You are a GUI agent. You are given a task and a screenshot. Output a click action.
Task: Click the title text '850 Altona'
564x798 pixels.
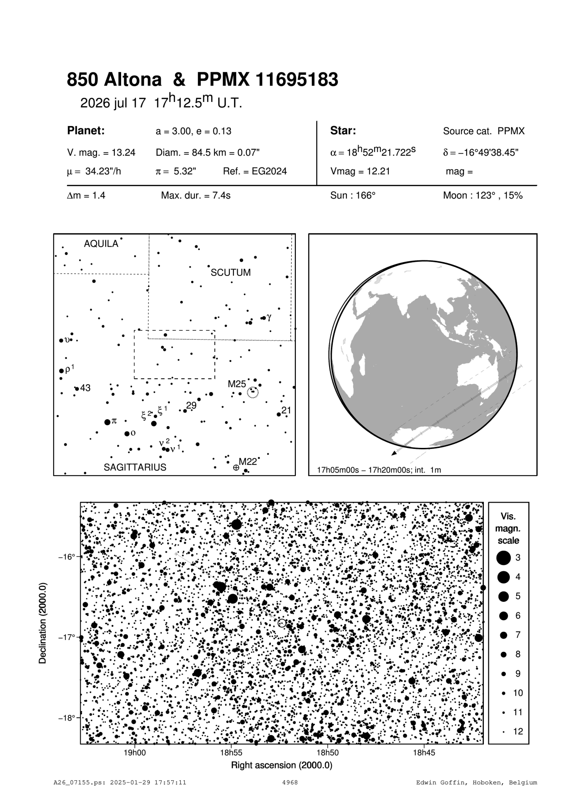114,80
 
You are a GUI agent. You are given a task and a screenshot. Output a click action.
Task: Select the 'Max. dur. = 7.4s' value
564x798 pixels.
196,196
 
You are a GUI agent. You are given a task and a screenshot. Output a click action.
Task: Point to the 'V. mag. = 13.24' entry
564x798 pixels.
101,152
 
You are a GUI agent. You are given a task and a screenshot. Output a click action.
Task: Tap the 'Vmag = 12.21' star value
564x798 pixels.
360,172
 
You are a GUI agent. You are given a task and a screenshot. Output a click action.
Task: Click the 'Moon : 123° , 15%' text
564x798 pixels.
483,196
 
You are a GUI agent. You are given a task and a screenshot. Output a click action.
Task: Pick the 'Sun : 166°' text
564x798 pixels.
353,196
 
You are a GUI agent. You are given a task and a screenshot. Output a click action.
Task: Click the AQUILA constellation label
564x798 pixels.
101,244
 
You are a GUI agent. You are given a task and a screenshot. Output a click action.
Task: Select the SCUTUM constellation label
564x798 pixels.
231,273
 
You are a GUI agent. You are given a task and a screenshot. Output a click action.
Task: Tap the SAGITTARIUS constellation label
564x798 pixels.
135,467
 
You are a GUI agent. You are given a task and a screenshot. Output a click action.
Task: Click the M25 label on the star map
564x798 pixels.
237,384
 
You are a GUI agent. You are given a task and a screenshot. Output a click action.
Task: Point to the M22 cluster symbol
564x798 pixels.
236,468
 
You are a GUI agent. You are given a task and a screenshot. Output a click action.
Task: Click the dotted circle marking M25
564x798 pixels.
252,392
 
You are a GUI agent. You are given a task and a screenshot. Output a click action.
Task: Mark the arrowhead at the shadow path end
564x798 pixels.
393,453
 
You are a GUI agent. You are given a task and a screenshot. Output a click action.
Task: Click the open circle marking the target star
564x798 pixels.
282,623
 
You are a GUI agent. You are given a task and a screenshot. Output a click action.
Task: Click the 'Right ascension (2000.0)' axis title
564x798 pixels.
282,765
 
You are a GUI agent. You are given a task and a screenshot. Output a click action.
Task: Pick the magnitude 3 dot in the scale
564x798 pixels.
503,558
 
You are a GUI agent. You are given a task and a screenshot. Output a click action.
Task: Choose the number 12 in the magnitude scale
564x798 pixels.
518,732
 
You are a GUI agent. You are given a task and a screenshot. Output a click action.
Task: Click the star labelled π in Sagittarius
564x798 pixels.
107,422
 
